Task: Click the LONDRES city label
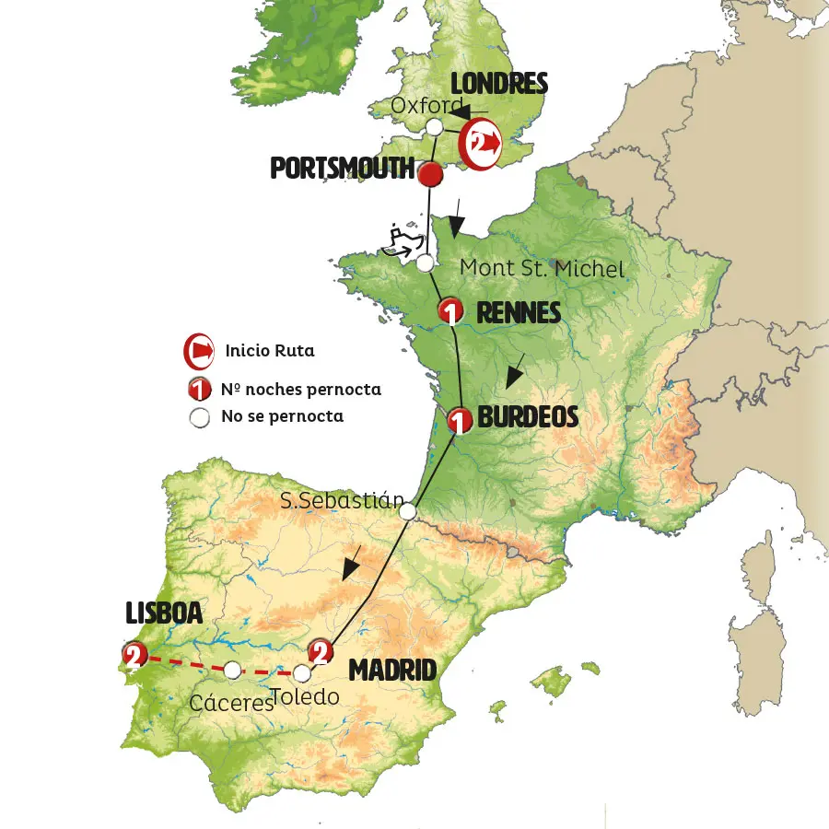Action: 498,85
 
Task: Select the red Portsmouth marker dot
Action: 429,173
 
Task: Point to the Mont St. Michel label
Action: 542,268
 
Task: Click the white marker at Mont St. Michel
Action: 425,263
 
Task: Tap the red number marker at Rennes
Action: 450,311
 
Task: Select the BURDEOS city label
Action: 528,417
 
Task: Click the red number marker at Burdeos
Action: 459,422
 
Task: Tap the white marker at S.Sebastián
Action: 409,512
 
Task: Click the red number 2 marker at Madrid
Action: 320,652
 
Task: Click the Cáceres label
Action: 231,703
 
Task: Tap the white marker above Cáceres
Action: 233,670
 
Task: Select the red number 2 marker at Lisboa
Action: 134,655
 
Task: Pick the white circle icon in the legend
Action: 199,417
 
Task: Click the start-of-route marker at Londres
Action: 481,143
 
